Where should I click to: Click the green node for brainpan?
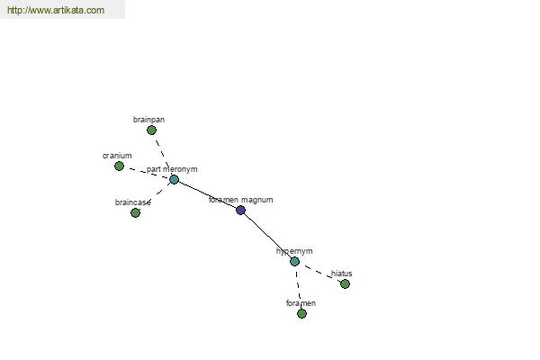coord(151,130)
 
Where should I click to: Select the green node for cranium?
coord(119,166)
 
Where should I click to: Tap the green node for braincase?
coord(135,213)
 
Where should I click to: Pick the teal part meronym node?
coord(175,179)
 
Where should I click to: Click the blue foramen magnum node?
coord(240,210)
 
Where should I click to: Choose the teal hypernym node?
coord(295,262)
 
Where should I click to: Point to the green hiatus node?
coord(345,283)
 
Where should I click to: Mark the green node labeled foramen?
coord(301,313)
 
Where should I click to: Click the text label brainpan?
coord(148,120)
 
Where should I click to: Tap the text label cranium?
coord(117,156)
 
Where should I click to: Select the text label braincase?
coord(133,202)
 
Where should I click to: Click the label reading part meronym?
coord(172,169)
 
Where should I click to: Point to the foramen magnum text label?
coord(241,200)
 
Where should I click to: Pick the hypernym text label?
coord(294,251)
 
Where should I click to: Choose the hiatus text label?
coord(342,274)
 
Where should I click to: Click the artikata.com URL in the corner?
coord(56,10)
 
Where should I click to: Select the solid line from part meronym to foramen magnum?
coord(207,195)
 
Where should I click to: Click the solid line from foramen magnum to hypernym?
coord(268,236)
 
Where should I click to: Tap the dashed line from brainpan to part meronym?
coord(162,154)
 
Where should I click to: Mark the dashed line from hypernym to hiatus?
coord(320,273)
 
